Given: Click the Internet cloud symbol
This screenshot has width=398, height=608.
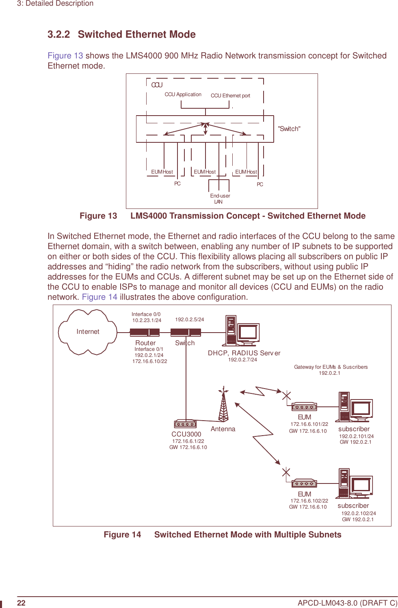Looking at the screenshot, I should (88, 332).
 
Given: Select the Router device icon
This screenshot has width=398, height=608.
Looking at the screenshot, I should (145, 333).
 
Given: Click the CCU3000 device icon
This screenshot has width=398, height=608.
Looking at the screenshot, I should (185, 424).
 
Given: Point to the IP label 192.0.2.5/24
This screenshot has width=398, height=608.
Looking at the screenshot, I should (190, 320).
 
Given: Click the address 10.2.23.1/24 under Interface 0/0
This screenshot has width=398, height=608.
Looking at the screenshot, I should (147, 320).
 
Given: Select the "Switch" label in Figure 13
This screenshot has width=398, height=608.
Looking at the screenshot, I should (289, 129).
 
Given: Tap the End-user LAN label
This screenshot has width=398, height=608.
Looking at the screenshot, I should (220, 199).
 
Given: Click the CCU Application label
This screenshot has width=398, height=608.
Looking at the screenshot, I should (183, 95).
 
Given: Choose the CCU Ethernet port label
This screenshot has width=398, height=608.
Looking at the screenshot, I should (230, 96).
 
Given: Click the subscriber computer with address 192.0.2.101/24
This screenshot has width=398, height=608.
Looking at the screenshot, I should (354, 407).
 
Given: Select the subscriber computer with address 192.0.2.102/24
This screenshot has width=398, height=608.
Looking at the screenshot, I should (354, 483).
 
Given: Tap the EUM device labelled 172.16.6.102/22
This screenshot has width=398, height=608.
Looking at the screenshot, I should (304, 483).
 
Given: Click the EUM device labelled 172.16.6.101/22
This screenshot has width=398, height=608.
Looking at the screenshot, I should (304, 406).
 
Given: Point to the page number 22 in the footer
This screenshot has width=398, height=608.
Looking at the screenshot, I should (21, 603).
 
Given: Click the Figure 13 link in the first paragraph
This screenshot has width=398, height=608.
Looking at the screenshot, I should (65, 56).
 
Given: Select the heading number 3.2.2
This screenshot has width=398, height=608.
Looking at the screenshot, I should (59, 34).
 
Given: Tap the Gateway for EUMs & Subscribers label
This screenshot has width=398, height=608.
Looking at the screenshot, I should (331, 367).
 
